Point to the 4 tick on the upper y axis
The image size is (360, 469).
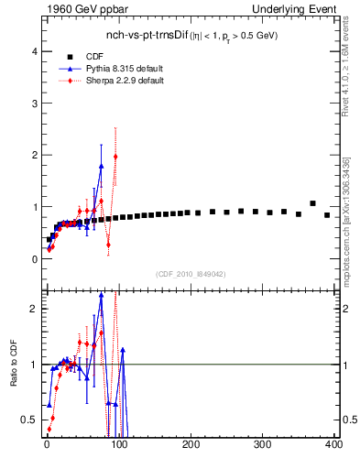click(x=35, y=51)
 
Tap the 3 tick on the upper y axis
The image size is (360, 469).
click(x=35, y=104)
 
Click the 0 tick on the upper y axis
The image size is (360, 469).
click(x=35, y=259)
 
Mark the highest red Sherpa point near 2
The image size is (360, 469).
click(x=115, y=157)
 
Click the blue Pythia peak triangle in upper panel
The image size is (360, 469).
click(x=101, y=166)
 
